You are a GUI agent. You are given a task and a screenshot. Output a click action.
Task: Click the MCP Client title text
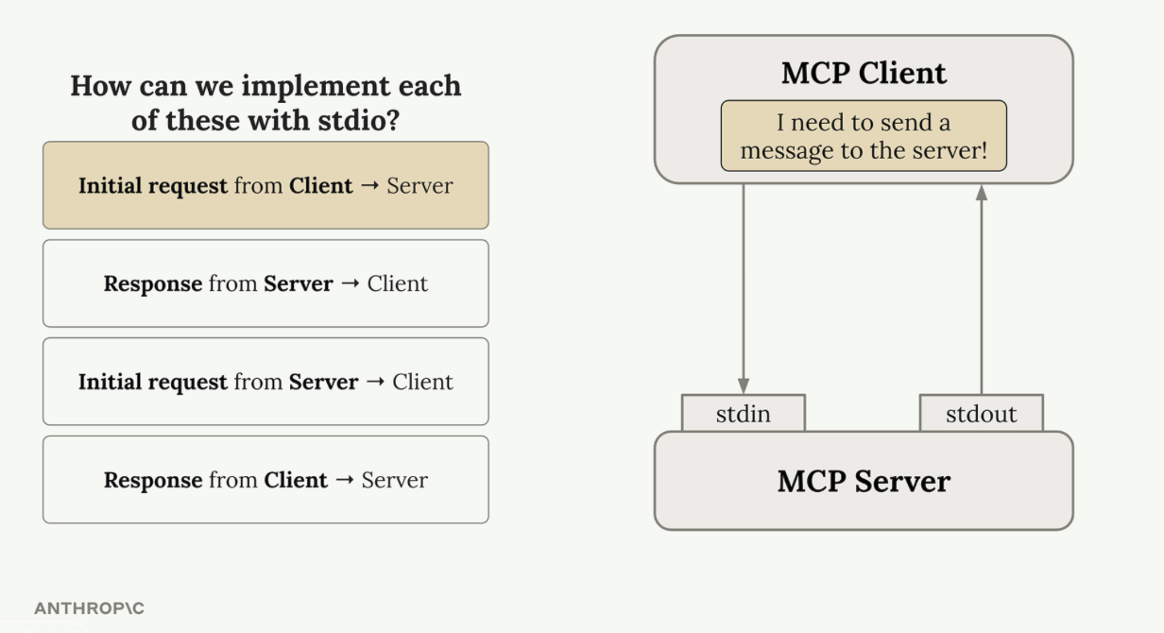(x=864, y=73)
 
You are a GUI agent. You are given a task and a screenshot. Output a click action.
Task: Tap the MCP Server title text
(x=864, y=481)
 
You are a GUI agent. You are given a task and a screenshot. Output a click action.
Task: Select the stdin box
(x=743, y=413)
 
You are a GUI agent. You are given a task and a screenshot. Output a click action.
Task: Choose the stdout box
(x=981, y=413)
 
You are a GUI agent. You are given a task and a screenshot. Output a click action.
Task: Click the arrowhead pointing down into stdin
(x=744, y=385)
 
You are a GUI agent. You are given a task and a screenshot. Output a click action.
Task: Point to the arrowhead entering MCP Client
(x=982, y=193)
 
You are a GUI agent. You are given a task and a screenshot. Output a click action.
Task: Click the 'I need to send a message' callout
(x=864, y=136)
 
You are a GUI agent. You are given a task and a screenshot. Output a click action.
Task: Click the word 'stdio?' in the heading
(x=359, y=121)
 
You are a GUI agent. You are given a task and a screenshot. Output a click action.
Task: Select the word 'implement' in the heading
(x=315, y=87)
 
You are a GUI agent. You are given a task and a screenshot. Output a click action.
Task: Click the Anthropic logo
(x=90, y=608)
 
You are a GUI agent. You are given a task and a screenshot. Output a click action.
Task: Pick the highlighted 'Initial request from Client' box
(x=265, y=185)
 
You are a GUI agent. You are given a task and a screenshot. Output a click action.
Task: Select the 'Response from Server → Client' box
(x=265, y=283)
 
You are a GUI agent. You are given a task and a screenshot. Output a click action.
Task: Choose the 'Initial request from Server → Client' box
(x=265, y=382)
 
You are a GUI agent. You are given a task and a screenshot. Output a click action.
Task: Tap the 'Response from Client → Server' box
(x=265, y=480)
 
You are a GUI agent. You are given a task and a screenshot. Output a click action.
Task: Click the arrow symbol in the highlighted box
(x=369, y=185)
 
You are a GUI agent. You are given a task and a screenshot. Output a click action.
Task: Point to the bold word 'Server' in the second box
(x=298, y=283)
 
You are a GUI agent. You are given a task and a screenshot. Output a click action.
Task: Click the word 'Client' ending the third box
(x=422, y=382)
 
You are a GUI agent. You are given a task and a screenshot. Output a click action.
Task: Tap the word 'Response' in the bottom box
(x=153, y=481)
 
